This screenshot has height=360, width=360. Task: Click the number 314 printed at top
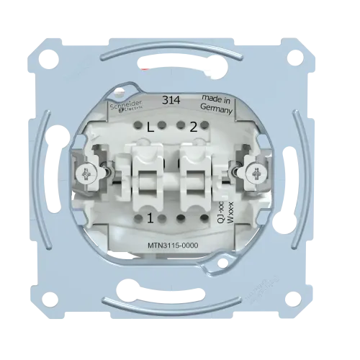(171, 100)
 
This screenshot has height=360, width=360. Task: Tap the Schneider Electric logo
(126, 106)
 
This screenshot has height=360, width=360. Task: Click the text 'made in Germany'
(217, 104)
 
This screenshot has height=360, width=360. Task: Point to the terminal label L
(150, 128)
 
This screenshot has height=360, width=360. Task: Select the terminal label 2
(194, 127)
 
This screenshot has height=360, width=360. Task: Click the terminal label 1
(150, 219)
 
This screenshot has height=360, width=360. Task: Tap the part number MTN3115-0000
(173, 246)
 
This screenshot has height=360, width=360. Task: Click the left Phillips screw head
(86, 174)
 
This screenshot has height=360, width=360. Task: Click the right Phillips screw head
(257, 172)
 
